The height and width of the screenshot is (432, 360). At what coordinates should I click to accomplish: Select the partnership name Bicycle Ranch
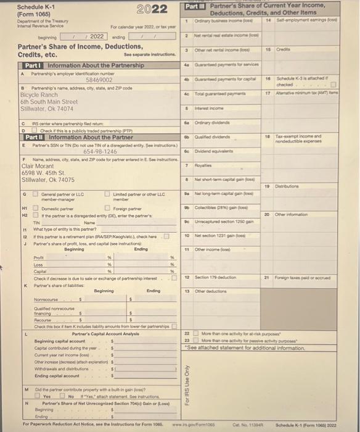coord(39,94)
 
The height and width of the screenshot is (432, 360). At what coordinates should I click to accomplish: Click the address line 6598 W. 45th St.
coord(46,173)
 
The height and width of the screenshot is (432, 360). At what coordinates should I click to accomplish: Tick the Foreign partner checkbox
coord(106,209)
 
